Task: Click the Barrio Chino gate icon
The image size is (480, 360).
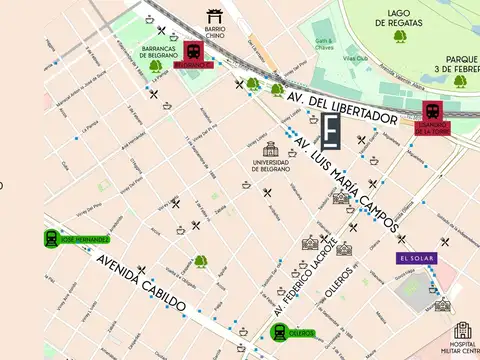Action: click(x=214, y=15)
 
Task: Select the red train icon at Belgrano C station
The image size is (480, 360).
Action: click(x=195, y=50)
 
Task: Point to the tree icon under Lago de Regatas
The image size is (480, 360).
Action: click(x=400, y=37)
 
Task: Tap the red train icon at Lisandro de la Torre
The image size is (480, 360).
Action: click(x=433, y=111)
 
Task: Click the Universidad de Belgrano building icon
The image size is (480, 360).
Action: click(x=271, y=149)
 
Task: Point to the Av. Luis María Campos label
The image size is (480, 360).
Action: click(x=349, y=186)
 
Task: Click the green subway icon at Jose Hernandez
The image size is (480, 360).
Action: click(x=51, y=238)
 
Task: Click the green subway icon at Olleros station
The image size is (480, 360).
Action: click(x=279, y=332)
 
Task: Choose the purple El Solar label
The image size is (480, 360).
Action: click(x=416, y=258)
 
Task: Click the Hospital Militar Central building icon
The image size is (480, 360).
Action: click(x=462, y=331)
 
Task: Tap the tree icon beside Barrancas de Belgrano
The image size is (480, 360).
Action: click(x=155, y=66)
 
